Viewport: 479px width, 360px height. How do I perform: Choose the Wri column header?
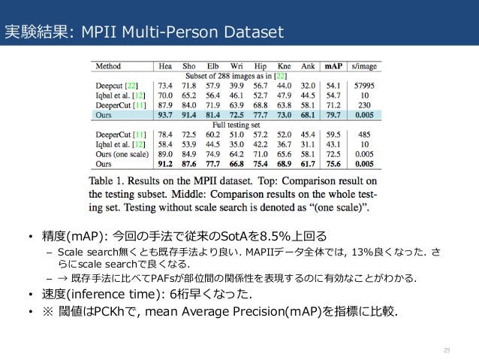pyautogui.click(x=238, y=65)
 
